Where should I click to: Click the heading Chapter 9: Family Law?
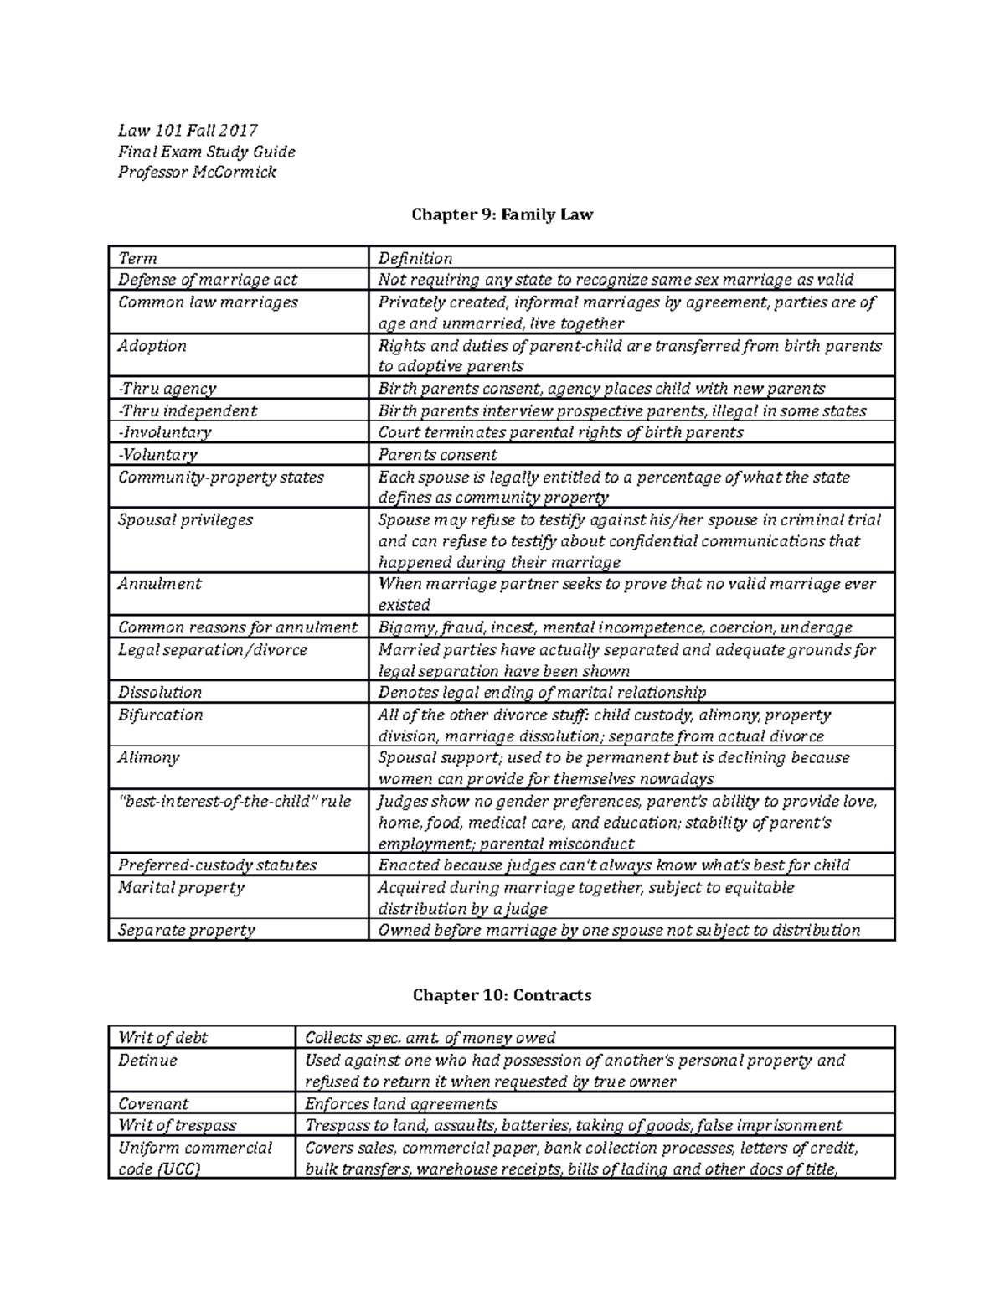pos(502,214)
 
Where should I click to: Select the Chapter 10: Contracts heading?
pos(502,994)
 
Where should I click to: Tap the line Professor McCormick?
pos(197,173)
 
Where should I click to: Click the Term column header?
pos(138,258)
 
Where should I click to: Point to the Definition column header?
pos(415,258)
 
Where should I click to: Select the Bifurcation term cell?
pos(161,715)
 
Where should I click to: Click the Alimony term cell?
pos(149,757)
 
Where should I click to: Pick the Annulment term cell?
pos(160,584)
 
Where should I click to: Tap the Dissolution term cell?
pos(160,693)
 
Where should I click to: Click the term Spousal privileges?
pos(185,519)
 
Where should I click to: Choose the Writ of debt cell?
pos(163,1037)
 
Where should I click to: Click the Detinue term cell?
pos(148,1060)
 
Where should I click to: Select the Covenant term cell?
pos(153,1103)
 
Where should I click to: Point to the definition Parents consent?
pos(437,455)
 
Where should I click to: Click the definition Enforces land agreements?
pos(401,1103)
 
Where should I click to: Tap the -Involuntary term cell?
pos(165,432)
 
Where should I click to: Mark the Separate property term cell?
pos(187,930)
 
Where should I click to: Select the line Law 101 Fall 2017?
pos(188,130)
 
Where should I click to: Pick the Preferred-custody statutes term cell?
pos(218,865)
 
